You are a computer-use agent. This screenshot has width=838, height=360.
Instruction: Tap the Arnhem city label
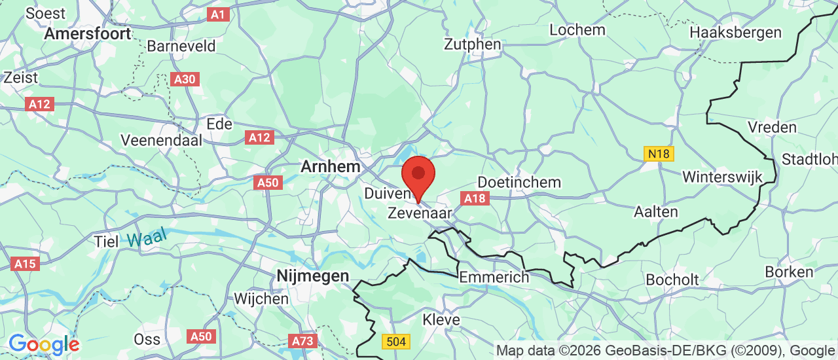coord(330,167)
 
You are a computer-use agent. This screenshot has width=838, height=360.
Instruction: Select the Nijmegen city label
coord(312,276)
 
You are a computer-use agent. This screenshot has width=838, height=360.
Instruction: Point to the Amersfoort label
coord(88,34)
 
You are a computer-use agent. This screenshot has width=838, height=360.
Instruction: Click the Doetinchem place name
coord(519,182)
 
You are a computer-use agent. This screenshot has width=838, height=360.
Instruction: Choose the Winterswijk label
coord(722,177)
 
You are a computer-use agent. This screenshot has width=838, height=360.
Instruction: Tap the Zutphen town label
coord(472,45)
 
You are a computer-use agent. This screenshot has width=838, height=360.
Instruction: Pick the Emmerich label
coord(494,278)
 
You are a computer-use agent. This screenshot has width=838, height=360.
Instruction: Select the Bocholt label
coord(672,279)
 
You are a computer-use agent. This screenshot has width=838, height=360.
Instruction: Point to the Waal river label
coord(147,238)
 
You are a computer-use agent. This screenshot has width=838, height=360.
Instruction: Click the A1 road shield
coord(219,14)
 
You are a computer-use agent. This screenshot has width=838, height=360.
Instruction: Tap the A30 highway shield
coord(185,79)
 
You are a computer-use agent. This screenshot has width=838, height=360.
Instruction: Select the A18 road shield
coord(475,198)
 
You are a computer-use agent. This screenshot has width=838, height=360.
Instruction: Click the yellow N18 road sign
coord(659,154)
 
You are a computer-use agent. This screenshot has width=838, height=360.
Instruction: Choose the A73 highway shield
coord(302,341)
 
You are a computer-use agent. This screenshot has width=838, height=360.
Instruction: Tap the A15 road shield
coord(25,264)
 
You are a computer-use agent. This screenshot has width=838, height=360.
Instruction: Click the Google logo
coord(43,344)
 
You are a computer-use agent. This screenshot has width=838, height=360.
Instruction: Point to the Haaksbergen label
coord(735,32)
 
